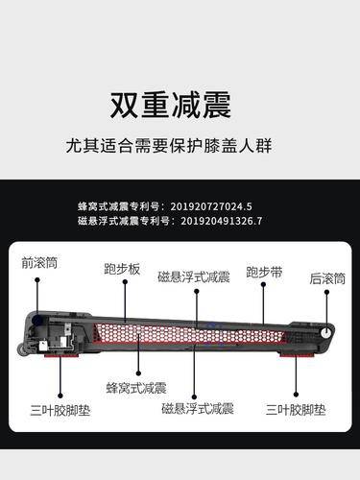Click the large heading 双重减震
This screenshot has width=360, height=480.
pos(171,106)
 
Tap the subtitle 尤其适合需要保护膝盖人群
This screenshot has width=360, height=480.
pos(169,146)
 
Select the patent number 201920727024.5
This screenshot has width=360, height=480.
pos(211,206)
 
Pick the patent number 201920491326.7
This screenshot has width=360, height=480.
pos(222,221)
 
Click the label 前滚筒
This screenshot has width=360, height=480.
pos(39,263)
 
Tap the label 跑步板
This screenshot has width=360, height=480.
pos(122,269)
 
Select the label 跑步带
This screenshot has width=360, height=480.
pos(264,273)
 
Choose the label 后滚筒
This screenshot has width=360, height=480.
pos(327,278)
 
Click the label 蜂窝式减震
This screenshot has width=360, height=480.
pos(136,388)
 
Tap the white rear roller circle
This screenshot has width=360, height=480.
pos(325,333)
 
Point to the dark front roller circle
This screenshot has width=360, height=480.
pos(37,320)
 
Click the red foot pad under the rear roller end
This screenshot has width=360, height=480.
pos(295,354)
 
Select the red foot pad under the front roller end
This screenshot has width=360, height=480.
pos(60,354)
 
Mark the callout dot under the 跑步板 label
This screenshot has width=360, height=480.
pos(125,282)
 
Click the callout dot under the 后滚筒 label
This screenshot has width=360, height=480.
pos(326,292)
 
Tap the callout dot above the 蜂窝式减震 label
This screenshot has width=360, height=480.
pos(138,373)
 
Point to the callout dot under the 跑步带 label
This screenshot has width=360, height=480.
pos(263,284)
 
